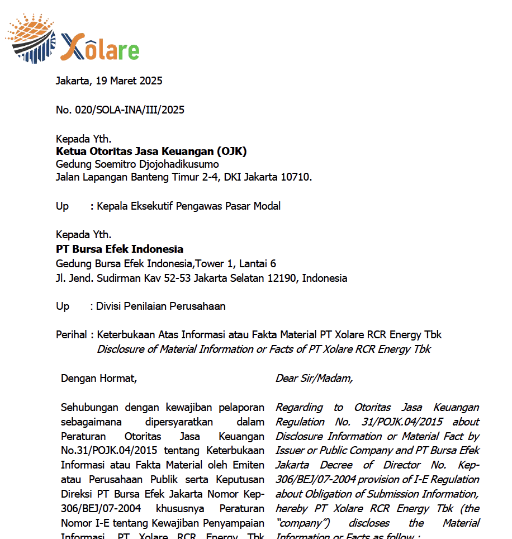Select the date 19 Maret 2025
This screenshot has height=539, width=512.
point(129,81)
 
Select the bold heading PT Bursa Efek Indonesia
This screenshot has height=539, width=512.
point(120,249)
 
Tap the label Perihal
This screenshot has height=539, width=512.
point(71,335)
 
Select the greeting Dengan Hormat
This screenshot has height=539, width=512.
point(99,379)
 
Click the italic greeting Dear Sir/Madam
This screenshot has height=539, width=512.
point(314,379)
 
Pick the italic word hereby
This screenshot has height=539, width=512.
point(292,508)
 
